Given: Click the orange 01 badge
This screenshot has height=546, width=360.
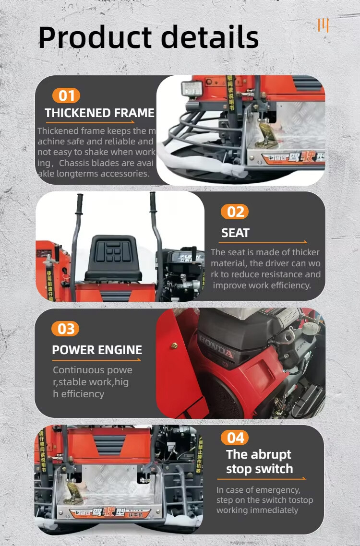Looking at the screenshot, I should click(x=66, y=96).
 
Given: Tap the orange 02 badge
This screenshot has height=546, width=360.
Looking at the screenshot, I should click(x=235, y=212).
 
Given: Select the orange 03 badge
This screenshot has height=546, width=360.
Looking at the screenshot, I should click(x=66, y=329).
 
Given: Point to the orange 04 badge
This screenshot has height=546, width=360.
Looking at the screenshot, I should click(x=235, y=438).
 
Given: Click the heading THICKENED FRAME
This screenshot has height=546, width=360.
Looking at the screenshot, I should click(x=99, y=113).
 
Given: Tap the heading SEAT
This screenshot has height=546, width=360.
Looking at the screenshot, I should click(x=235, y=233).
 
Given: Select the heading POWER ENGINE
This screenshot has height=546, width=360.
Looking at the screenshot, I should click(x=97, y=350).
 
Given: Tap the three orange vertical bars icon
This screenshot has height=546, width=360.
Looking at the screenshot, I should click(x=323, y=25).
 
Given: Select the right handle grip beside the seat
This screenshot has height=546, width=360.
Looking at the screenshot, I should click(x=153, y=202).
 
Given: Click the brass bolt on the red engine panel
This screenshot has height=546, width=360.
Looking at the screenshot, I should click(x=175, y=345).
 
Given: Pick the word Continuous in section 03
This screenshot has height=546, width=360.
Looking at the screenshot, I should click(x=79, y=370).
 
